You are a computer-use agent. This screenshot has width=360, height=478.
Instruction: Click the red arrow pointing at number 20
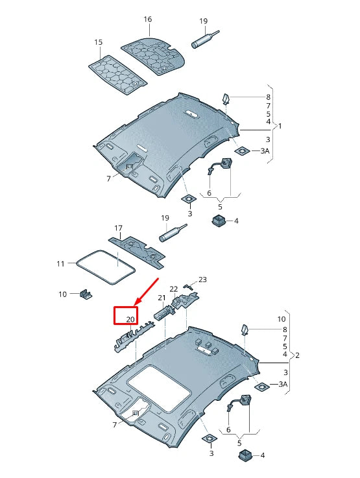pos(146,291)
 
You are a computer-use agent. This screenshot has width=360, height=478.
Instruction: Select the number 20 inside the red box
pos(130,319)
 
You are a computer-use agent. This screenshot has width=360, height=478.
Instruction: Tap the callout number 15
pos(99,42)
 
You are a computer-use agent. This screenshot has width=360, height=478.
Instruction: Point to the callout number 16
pos(147,20)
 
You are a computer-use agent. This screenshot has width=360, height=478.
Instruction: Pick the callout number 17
pos(118,228)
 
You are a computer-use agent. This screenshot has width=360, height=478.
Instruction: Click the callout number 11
pos(60,263)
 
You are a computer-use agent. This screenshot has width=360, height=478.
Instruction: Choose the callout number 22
pos(174,289)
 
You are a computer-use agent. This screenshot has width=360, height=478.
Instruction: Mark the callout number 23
pos(202,280)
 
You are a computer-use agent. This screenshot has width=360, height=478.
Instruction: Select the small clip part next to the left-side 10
pos(85,294)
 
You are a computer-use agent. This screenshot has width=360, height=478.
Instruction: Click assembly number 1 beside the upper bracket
pos(280,125)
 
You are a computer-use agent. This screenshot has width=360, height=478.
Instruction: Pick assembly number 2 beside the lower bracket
pos(298,355)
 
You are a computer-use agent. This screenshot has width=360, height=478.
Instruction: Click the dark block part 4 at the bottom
pos(245,456)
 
